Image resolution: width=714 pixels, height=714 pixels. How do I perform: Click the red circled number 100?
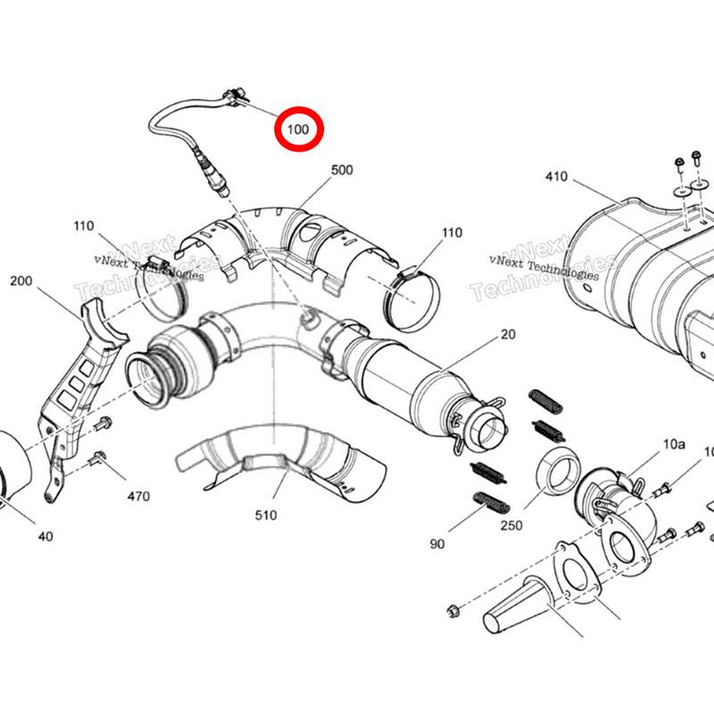[298, 130]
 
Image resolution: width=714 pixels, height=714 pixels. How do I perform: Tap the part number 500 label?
[343, 170]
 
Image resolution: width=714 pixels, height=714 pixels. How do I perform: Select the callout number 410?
[556, 177]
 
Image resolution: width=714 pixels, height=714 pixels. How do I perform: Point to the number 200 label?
[21, 281]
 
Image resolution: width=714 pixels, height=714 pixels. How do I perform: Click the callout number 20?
[508, 334]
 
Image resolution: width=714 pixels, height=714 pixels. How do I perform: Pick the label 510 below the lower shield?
[265, 515]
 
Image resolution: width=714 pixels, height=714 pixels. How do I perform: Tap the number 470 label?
[138, 496]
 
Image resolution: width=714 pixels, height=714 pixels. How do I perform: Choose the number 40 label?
[46, 536]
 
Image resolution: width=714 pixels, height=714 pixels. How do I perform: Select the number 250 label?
[511, 526]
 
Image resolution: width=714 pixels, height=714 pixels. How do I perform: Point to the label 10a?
[673, 443]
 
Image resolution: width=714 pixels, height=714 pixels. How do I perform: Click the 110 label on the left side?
[84, 226]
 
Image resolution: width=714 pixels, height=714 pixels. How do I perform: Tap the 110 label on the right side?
[452, 233]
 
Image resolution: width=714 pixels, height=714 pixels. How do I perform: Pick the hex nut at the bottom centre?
[452, 611]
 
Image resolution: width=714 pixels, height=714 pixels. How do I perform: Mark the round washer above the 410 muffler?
[680, 190]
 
